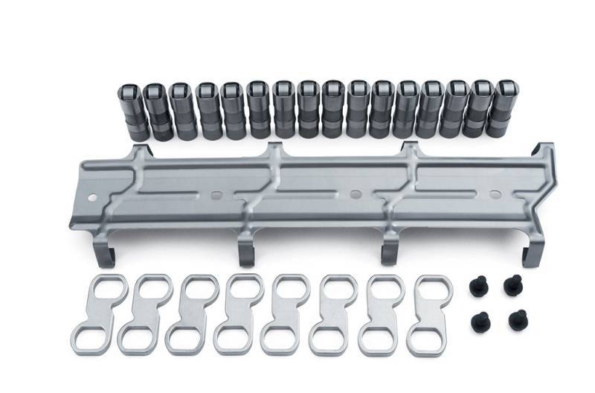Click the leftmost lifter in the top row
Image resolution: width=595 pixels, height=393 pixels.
point(135,112)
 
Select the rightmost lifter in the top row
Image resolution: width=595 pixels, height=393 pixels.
point(498,108)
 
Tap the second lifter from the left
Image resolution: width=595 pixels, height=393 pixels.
point(158,112)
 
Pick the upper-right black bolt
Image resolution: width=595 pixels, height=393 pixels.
point(512,284)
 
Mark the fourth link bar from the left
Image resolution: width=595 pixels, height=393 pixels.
point(239,313)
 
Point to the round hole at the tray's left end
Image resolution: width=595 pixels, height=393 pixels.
point(92,197)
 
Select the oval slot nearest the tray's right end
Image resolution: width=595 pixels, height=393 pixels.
point(495,194)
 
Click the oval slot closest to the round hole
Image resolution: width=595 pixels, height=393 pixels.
point(216,196)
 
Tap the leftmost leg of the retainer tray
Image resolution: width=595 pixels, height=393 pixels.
point(105,253)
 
